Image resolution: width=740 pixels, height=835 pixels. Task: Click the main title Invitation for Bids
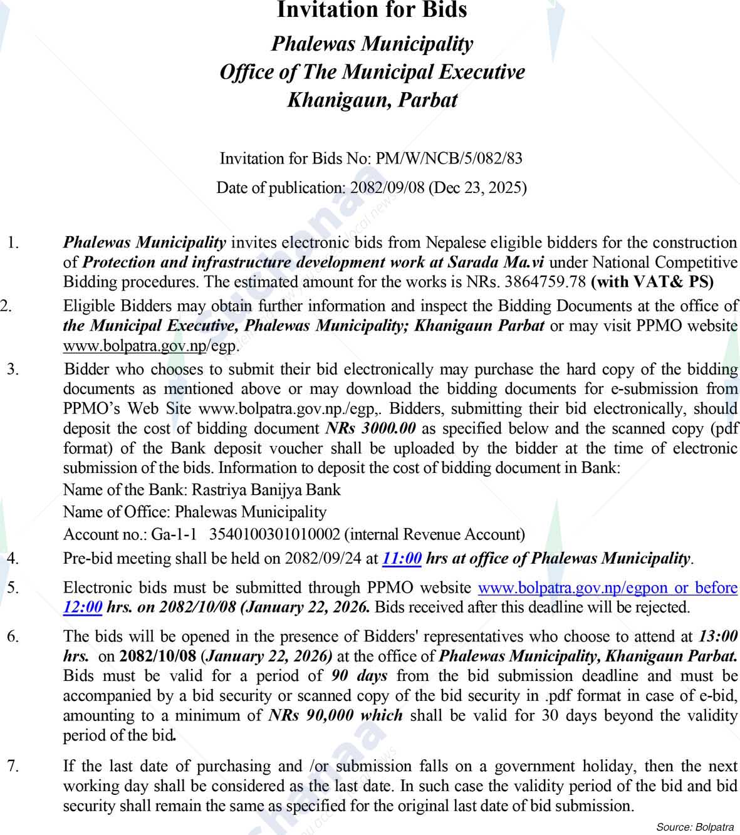372,10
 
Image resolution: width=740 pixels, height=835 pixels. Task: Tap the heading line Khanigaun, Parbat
372,100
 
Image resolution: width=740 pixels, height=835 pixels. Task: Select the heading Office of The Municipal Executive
372,72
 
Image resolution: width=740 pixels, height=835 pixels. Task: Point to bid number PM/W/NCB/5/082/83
448,158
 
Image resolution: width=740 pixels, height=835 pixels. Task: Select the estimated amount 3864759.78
544,282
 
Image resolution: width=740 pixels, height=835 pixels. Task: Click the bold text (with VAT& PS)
652,282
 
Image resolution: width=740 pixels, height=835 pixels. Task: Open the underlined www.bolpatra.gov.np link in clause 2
134,346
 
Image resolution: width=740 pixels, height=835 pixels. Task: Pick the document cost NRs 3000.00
371,428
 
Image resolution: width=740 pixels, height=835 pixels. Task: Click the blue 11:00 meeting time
402,558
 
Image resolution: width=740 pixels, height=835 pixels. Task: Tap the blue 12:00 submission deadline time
83,607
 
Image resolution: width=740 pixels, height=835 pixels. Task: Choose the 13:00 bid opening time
717,636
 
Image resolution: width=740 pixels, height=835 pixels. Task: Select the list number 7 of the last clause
11,766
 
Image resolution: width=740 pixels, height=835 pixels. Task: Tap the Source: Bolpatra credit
694,827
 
